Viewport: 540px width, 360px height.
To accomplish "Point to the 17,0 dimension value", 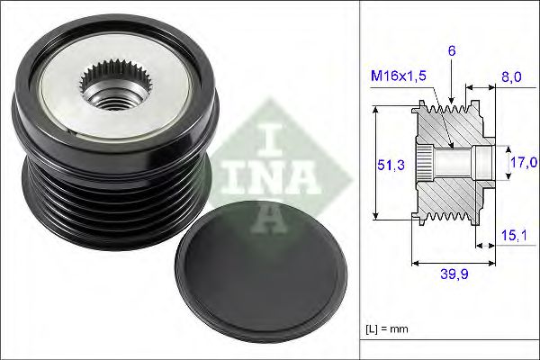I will [523, 163].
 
